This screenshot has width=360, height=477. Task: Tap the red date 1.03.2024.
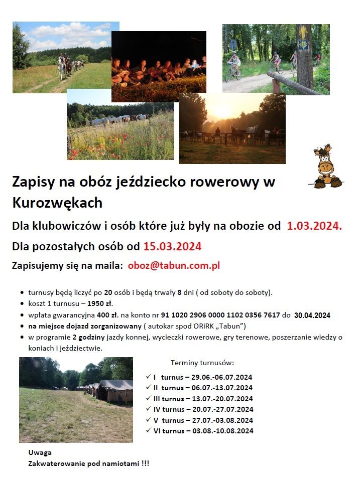[x=314, y=226]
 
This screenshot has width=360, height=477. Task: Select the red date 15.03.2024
[x=172, y=246]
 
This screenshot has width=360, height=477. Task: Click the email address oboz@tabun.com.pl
[x=174, y=266]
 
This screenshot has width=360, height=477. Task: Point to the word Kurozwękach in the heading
[x=57, y=203]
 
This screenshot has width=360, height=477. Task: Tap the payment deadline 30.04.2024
[x=312, y=315]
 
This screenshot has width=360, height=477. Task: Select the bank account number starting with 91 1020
[x=220, y=315]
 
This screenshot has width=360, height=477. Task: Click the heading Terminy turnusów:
[x=202, y=362]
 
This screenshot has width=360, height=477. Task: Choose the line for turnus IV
[x=203, y=409]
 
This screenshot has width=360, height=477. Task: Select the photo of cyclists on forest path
[x=276, y=59]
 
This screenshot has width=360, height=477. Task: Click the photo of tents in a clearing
[x=76, y=400]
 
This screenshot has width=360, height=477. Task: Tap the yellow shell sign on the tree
[x=304, y=45]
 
